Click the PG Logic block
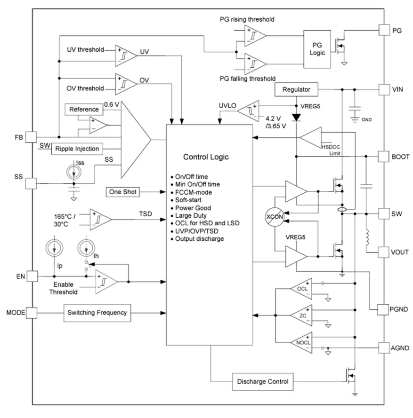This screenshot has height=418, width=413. (317, 49)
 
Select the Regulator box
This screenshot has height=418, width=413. (296, 89)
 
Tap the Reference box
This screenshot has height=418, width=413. (84, 109)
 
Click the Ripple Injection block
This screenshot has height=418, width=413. (77, 149)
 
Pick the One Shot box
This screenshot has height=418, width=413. (122, 192)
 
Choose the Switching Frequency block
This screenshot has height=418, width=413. (97, 313)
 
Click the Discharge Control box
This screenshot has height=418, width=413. (263, 382)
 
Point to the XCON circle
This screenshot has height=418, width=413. (275, 217)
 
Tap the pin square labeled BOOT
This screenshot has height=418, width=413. (383, 157)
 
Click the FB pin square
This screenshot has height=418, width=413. (31, 137)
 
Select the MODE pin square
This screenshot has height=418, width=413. (32, 313)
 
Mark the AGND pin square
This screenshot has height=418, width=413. (384, 348)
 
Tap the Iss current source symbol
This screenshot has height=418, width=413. (74, 172)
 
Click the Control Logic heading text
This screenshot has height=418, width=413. (206, 157)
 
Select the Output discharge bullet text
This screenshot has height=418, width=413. (199, 239)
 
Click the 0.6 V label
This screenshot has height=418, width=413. (112, 104)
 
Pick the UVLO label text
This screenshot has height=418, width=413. (227, 106)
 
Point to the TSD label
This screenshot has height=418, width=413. (146, 214)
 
